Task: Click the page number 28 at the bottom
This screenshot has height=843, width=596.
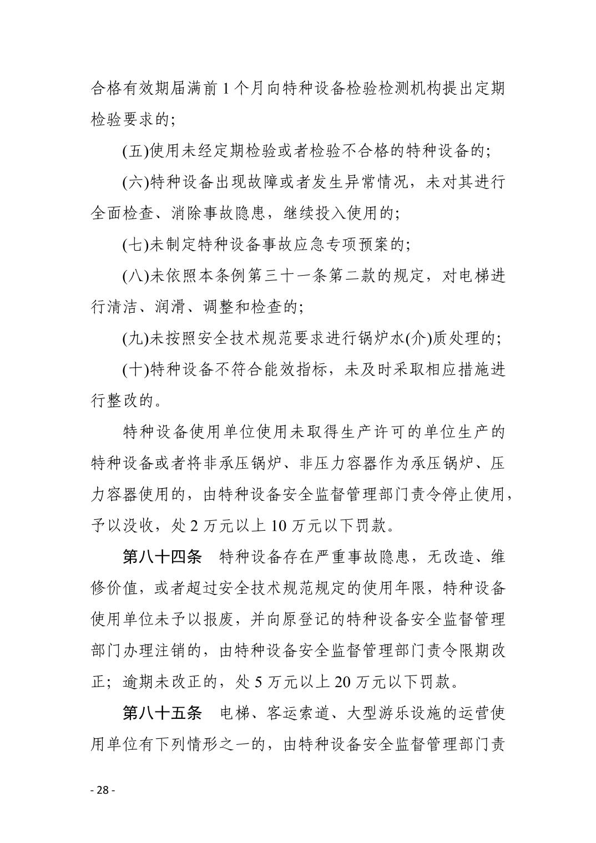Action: (x=102, y=790)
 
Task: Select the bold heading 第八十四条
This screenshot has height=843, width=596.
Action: (x=162, y=557)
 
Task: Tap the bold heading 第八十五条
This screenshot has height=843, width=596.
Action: (x=162, y=713)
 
